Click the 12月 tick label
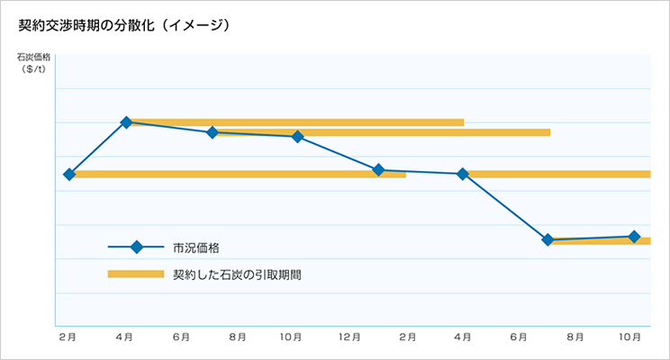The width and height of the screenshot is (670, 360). (350, 337)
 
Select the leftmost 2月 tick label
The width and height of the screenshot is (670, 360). (68, 337)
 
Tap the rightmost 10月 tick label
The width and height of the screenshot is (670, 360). (632, 337)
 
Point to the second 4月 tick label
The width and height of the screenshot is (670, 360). (463, 337)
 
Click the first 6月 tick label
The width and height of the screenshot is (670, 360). (181, 337)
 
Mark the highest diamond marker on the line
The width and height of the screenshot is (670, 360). (126, 122)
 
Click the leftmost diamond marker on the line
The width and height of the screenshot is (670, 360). (69, 174)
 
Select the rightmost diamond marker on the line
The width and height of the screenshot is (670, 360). (634, 237)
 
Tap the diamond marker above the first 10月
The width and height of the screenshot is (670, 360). (297, 137)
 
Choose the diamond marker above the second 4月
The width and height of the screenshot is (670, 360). (463, 174)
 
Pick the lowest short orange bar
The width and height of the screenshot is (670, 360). (599, 240)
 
